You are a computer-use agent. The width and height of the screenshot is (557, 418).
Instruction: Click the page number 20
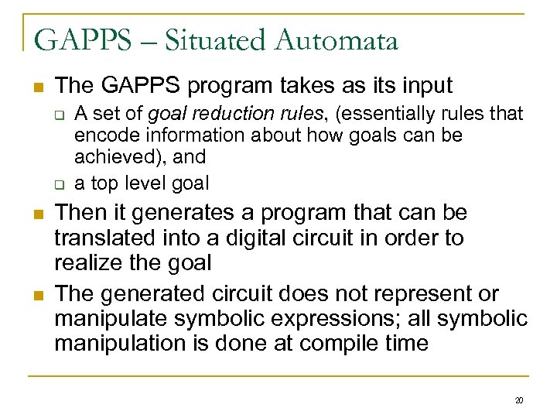(519, 400)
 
